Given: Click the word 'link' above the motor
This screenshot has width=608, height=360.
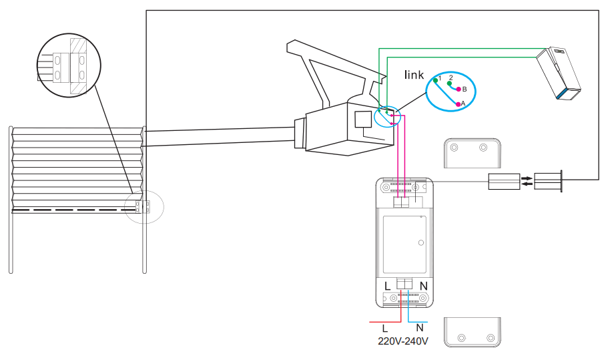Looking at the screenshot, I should (x=414, y=75).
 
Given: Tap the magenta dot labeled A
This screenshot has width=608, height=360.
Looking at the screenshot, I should (x=458, y=104).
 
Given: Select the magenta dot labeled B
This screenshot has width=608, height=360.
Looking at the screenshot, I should (x=459, y=89).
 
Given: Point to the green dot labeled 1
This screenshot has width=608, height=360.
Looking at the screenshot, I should (x=435, y=80).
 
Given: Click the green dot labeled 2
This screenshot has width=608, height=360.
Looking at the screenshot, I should (x=450, y=83).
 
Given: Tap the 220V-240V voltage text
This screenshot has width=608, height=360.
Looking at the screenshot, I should (x=403, y=341).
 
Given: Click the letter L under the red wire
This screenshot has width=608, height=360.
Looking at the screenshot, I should (x=384, y=329).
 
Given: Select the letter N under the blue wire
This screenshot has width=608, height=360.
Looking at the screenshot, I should (x=420, y=329).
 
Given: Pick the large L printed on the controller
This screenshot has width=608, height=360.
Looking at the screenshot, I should (x=388, y=286).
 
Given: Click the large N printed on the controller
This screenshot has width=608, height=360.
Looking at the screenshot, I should (x=423, y=286).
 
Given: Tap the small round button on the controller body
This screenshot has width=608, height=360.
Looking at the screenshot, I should (x=420, y=242).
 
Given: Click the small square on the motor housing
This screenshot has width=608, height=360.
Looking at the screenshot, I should (x=362, y=120).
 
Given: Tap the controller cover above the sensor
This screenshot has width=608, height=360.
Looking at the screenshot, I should (x=471, y=153).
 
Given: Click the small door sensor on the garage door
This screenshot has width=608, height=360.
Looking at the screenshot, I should (x=142, y=206).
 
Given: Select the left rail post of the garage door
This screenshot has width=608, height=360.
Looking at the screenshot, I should (x=11, y=200).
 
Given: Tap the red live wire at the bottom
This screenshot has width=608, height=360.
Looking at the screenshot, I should (x=384, y=321).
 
